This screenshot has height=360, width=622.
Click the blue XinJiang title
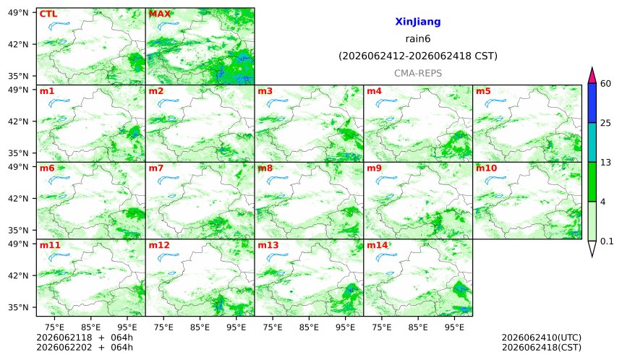pos(418,22)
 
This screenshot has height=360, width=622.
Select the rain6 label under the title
pos(418,39)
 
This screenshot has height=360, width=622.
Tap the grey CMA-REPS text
pos(418,73)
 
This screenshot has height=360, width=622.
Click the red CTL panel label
pos(48,14)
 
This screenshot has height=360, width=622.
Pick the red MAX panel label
pos(159,14)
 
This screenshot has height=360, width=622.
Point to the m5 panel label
pos(483,91)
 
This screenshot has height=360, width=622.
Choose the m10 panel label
pos(486,168)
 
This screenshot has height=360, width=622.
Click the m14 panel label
pos(378,245)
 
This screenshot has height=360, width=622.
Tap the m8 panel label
pos(265,168)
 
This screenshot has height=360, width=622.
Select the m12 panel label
pos(159,245)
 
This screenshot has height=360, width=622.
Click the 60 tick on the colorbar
pos(605,84)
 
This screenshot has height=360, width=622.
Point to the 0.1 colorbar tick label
pos(607,241)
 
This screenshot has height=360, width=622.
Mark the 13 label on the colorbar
pos(605,162)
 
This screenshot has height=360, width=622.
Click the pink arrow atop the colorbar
pos(592,76)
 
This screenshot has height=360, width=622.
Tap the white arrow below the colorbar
pos(592,249)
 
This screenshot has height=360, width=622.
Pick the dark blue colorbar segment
pos(592,103)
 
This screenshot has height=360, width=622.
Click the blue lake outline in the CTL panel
pos(59,26)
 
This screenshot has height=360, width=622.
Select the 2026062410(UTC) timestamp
pos(542,338)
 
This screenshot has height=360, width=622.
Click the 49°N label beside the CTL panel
pos(18,13)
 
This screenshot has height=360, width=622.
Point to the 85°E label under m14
pos(418,327)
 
